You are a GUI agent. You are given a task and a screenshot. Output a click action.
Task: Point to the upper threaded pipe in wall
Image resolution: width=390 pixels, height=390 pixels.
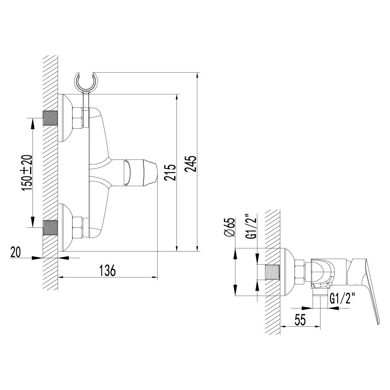click(x=50, y=118)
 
